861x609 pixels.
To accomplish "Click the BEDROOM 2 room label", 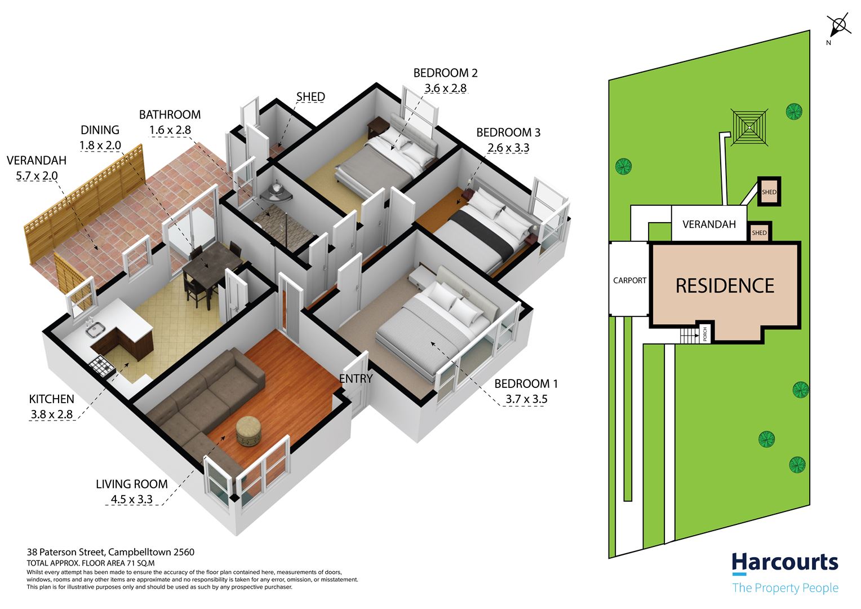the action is tap(445, 73).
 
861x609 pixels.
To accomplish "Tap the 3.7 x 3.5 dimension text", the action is tap(526, 399).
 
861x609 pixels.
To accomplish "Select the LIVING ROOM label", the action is tap(132, 484).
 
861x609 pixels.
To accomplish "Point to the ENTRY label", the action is tap(356, 378).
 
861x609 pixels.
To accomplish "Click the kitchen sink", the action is tap(95, 329).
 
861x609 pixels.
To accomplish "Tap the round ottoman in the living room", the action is tap(248, 431).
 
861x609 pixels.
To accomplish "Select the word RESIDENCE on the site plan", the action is tap(725, 285).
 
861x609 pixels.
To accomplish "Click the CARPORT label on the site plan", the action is tap(629, 280).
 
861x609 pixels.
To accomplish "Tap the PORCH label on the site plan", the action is tap(704, 334).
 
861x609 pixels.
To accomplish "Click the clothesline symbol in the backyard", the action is tap(749, 127).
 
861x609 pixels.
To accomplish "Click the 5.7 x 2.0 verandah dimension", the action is tap(37, 176).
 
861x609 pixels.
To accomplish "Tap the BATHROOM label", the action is tap(170, 114).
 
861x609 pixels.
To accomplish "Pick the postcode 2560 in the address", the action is tap(184, 552).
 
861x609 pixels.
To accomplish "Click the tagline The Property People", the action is tap(785, 588).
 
